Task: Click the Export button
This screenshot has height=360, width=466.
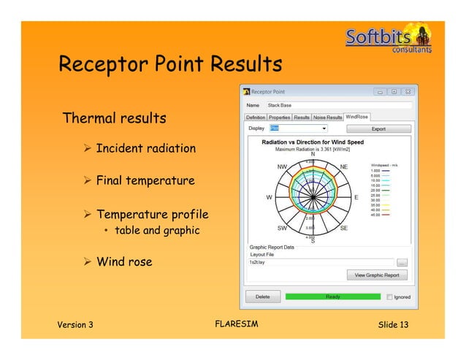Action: pyautogui.click(x=379, y=129)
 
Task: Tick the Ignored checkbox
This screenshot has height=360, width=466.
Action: pyautogui.click(x=389, y=297)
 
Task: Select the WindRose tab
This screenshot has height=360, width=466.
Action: pyautogui.click(x=358, y=117)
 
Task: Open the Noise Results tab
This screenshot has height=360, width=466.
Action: pyautogui.click(x=328, y=117)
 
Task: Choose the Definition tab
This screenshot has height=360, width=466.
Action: pyautogui.click(x=256, y=117)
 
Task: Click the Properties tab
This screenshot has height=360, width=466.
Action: pyautogui.click(x=279, y=117)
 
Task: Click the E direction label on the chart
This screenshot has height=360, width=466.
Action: pyautogui.click(x=356, y=197)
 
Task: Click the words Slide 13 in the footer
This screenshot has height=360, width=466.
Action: pyautogui.click(x=393, y=324)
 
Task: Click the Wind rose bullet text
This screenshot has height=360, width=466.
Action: pyautogui.click(x=124, y=261)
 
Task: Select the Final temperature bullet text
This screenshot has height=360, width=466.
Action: pyautogui.click(x=145, y=180)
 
